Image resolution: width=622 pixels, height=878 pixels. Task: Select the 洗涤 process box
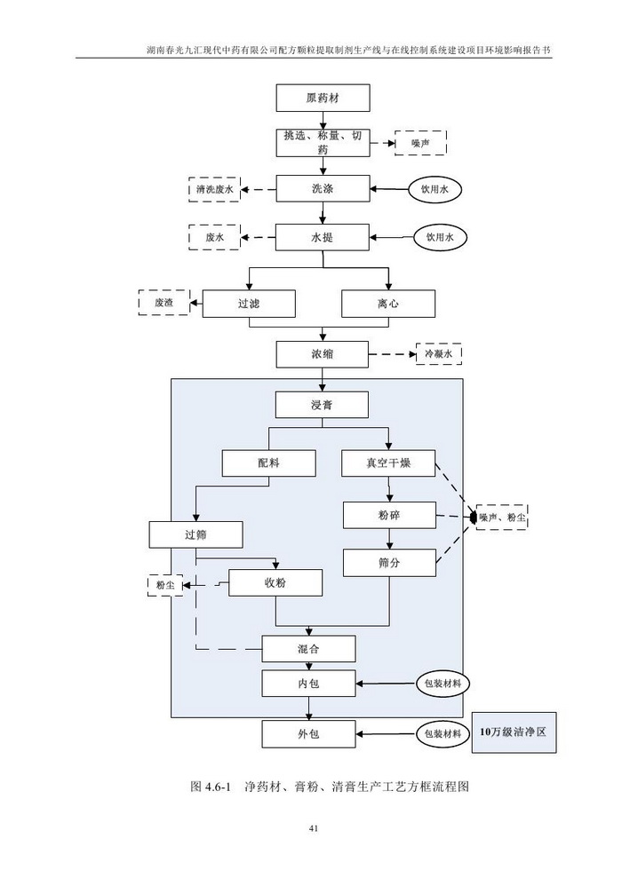tap(322, 189)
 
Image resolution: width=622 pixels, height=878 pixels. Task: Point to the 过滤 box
tap(249, 303)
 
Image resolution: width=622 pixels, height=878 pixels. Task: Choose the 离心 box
tap(388, 303)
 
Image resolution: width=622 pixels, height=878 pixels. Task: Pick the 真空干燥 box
tap(388, 463)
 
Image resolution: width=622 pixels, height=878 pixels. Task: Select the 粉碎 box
tap(388, 515)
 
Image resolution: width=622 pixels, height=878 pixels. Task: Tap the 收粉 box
tap(275, 582)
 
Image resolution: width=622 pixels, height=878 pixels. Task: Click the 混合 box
tap(308, 647)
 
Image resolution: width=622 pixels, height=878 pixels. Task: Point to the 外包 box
tap(308, 734)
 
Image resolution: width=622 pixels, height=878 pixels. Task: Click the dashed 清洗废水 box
tap(214, 189)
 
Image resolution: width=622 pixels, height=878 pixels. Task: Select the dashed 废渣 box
tap(164, 303)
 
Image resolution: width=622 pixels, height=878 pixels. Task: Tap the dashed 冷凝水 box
tap(438, 354)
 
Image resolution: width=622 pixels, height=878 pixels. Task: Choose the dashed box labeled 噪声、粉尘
tap(501, 516)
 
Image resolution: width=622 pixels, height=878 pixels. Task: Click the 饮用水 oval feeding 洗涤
tap(436, 189)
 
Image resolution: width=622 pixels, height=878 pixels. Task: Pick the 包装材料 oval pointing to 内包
tap(443, 684)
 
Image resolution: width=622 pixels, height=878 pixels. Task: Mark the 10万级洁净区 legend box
tap(514, 732)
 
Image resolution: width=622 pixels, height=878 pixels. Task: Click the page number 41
tap(313, 828)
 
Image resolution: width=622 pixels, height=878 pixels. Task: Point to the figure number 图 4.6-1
tap(211, 787)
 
